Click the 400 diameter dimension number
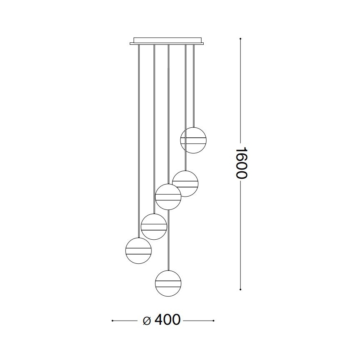click(x=168, y=320)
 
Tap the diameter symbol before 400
click(x=146, y=321)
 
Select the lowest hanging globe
click(x=168, y=283)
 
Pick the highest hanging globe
click(x=193, y=140)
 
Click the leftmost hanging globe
click(x=138, y=251)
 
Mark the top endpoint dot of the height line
click(x=241, y=39)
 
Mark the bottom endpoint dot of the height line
click(x=241, y=289)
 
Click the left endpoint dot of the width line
click(x=113, y=321)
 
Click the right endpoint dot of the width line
click(x=213, y=321)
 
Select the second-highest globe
click(x=185, y=183)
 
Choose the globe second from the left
click(x=154, y=226)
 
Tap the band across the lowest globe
click(x=168, y=284)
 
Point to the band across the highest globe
click(x=193, y=140)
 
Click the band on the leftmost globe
click(x=138, y=251)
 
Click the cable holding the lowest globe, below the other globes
click(x=168, y=241)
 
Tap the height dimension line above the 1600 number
click(x=241, y=91)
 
